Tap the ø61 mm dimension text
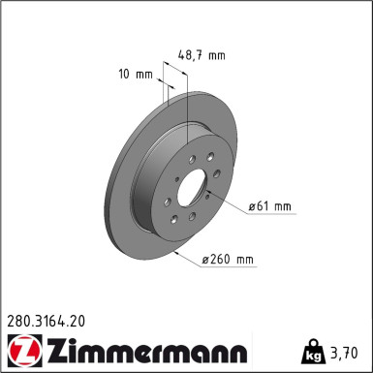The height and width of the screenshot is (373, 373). pyautogui.click(x=270, y=206)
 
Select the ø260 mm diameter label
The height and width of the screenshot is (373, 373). pyautogui.click(x=229, y=260)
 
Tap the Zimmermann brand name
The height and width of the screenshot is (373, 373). pyautogui.click(x=141, y=348)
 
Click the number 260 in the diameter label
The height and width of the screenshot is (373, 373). pyautogui.click(x=222, y=260)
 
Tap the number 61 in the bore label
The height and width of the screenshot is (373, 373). pyautogui.click(x=264, y=206)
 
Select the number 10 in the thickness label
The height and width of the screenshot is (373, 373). pyautogui.click(x=125, y=74)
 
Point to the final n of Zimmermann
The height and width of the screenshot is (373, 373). pyautogui.click(x=239, y=351)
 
